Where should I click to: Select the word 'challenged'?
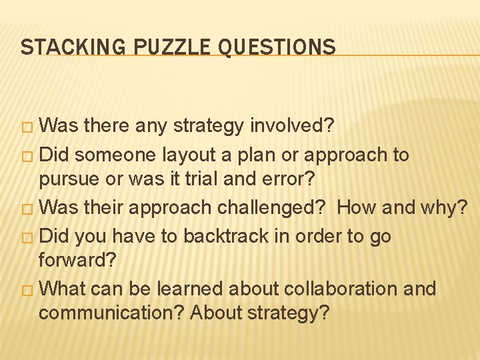(x=263, y=207)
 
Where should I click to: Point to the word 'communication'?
(x=111, y=312)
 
